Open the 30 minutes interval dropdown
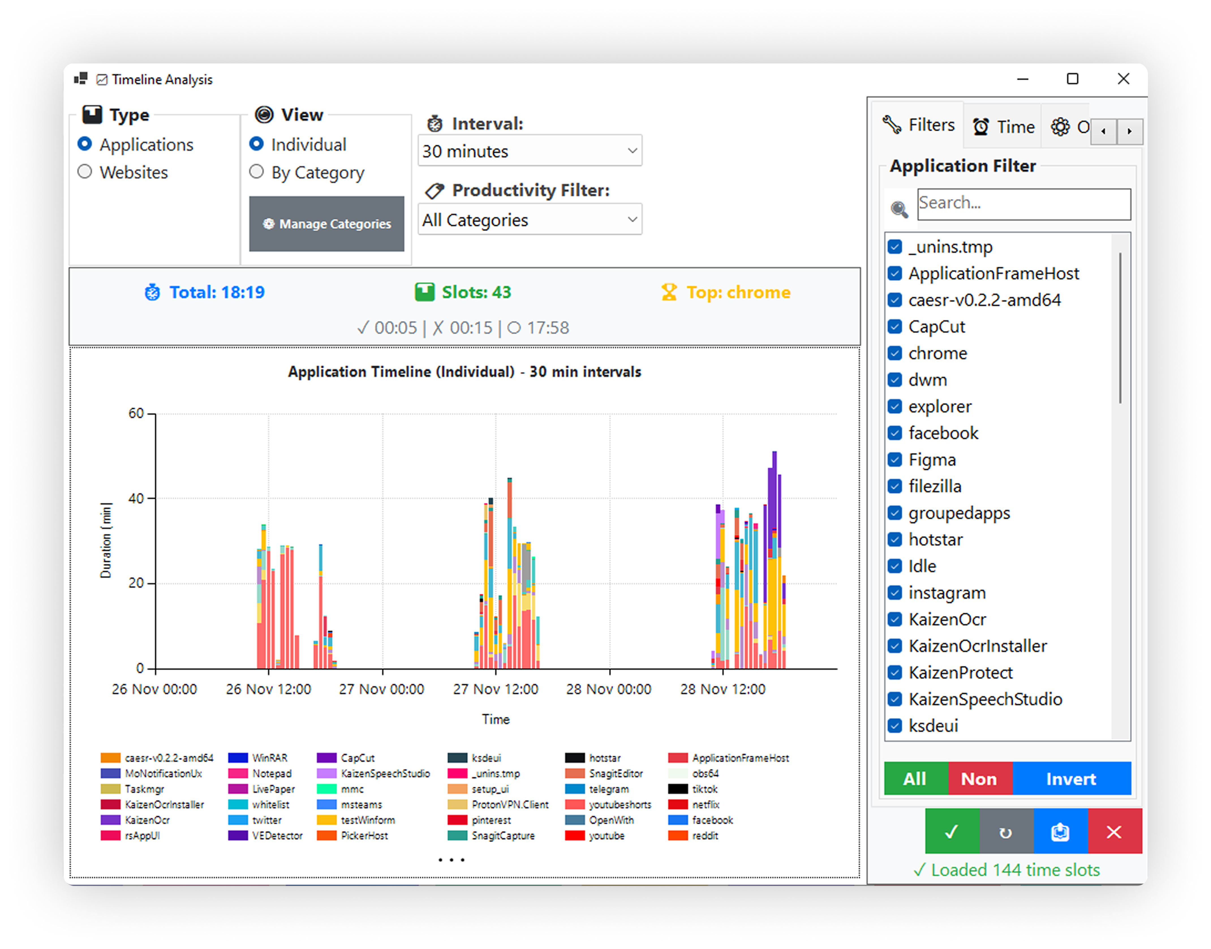point(530,151)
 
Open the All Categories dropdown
point(530,220)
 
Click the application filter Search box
point(1023,203)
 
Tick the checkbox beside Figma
point(894,459)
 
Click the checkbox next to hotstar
point(894,539)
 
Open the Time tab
point(1004,127)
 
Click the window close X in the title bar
point(1123,79)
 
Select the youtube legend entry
point(606,836)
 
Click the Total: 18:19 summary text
point(217,292)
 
